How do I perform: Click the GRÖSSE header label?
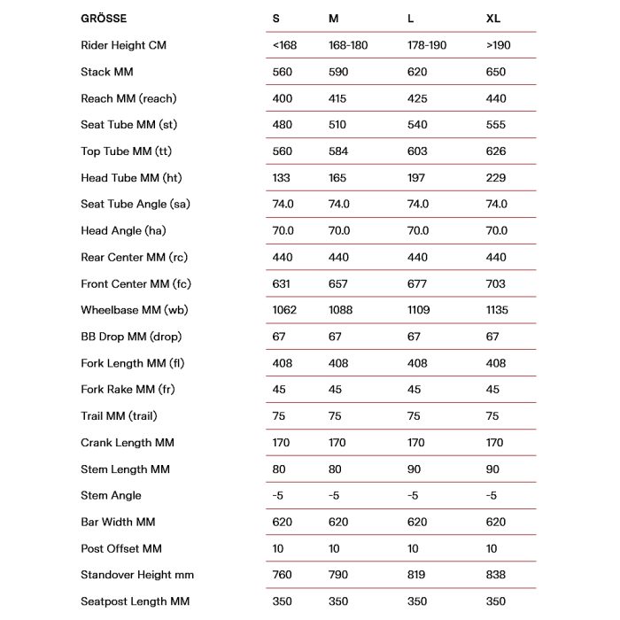pyautogui.click(x=104, y=18)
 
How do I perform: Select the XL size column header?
pyautogui.click(x=493, y=18)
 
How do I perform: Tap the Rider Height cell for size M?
pyautogui.click(x=347, y=44)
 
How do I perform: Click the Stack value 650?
pyautogui.click(x=496, y=71)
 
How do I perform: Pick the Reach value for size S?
pyautogui.click(x=283, y=97)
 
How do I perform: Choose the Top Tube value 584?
pyautogui.click(x=339, y=151)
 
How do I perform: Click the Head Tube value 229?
pyautogui.click(x=496, y=177)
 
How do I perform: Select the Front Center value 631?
pyautogui.click(x=283, y=283)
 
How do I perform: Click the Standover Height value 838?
pyautogui.click(x=496, y=575)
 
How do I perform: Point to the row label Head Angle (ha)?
pyautogui.click(x=124, y=230)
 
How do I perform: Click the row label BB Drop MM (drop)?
pyautogui.click(x=131, y=337)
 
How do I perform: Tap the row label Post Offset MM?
pyautogui.click(x=121, y=548)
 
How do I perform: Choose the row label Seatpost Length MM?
pyautogui.click(x=135, y=601)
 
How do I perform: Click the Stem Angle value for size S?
pyautogui.click(x=278, y=495)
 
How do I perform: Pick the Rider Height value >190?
pyautogui.click(x=499, y=44)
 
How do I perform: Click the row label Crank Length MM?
pyautogui.click(x=128, y=442)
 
